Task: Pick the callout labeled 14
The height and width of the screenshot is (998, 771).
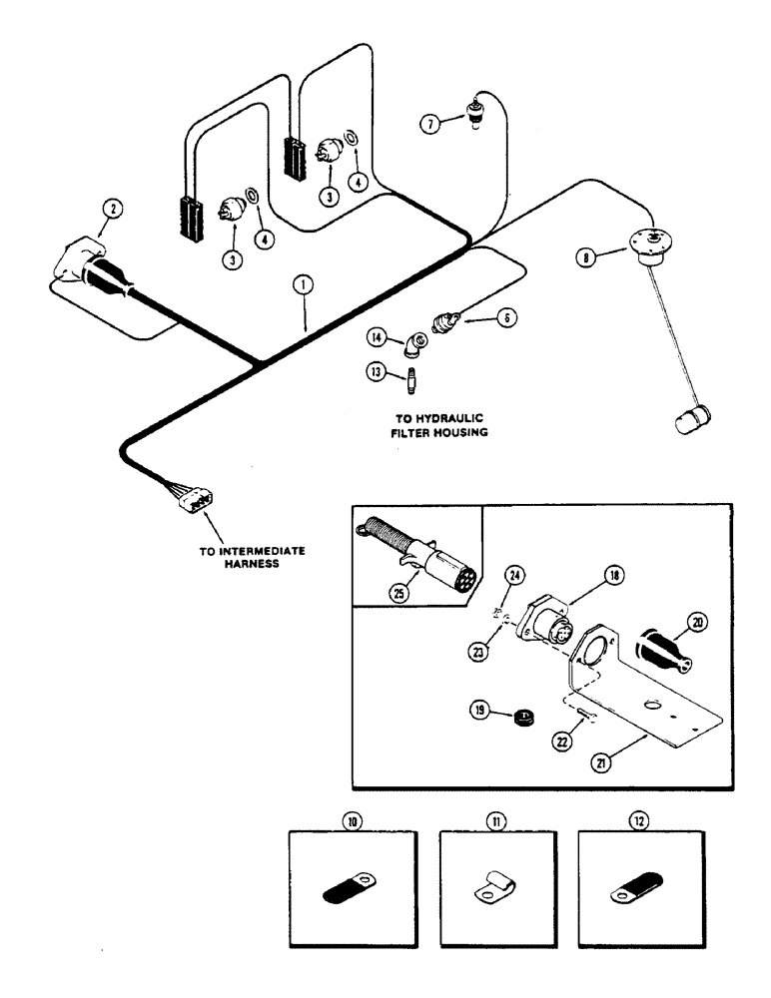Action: pos(378,336)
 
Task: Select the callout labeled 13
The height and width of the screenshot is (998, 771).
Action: pos(378,372)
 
